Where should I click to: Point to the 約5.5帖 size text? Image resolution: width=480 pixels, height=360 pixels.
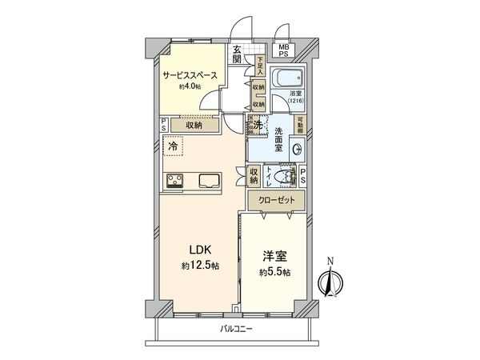[x=274, y=272]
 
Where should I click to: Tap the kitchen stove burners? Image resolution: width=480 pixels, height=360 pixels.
[x=175, y=180]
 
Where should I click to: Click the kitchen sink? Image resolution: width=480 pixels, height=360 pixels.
[x=210, y=180]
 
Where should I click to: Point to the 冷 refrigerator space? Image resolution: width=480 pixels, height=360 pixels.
[x=172, y=147]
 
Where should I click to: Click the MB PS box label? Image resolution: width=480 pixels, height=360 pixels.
[x=283, y=50]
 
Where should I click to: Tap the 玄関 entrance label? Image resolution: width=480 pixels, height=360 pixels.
[x=238, y=54]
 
